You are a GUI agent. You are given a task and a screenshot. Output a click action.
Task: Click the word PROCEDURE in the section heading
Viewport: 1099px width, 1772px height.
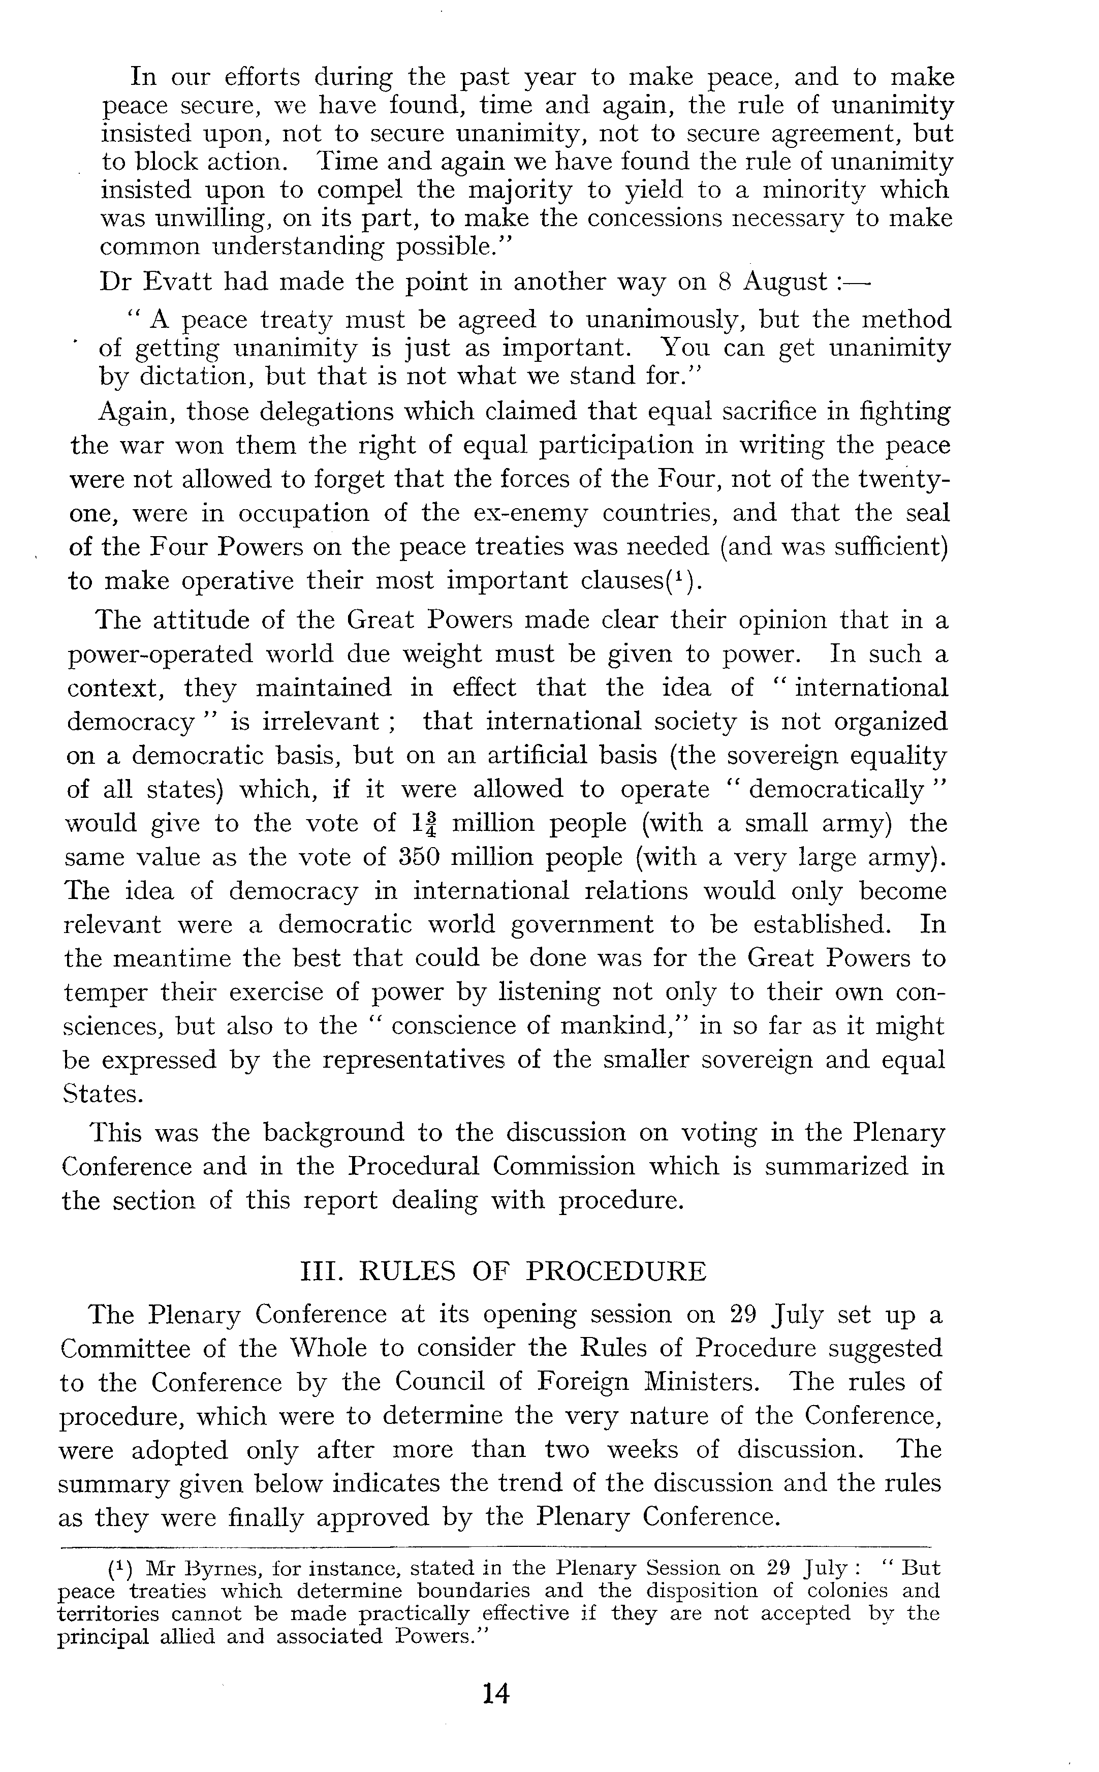coord(616,1271)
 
